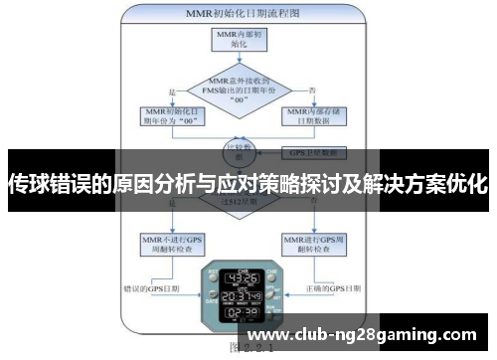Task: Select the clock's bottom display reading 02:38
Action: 242,315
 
